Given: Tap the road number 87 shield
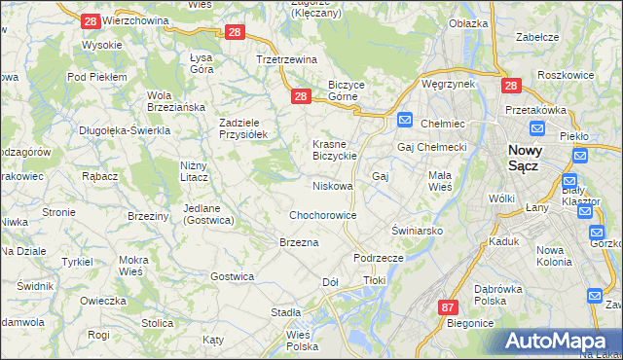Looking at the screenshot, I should pos(447,307).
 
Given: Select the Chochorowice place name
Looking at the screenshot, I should pos(322,215).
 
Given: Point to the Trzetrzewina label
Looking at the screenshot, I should pos(287,59).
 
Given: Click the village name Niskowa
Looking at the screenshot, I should pos(332,185).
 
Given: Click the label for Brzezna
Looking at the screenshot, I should pos(299,241).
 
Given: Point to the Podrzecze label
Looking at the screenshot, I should pos(379,258).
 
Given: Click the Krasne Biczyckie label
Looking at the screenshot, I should pos(337,150).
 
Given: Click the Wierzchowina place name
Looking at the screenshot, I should pos(135,19).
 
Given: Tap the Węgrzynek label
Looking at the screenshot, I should pos(448,84).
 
